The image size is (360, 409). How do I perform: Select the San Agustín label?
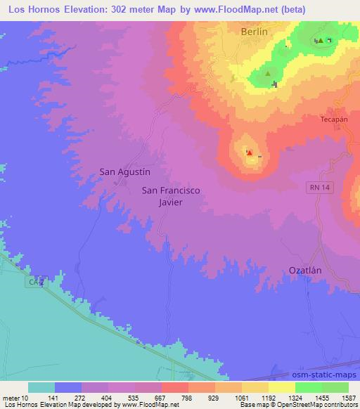[x=124, y=171]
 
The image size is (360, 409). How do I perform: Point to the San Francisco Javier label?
[x=172, y=195]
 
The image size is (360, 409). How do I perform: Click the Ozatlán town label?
[x=307, y=270]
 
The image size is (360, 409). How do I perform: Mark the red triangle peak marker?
[x=250, y=152]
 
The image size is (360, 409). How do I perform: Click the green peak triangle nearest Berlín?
[x=267, y=72]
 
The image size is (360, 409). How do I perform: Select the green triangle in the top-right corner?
[x=321, y=40]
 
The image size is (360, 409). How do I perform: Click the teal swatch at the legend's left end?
[x=41, y=387]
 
